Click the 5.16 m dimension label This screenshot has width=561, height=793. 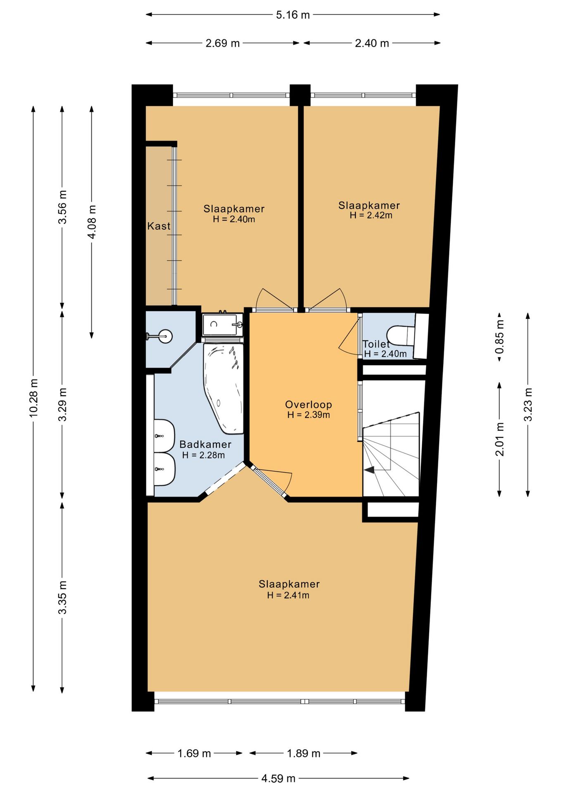click(x=293, y=15)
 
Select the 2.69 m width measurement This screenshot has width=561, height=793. click(x=223, y=43)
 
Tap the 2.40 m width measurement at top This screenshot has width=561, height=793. click(x=372, y=43)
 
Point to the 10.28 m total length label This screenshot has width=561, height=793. click(x=33, y=397)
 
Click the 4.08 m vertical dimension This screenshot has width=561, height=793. click(x=92, y=222)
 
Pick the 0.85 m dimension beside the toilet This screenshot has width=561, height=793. click(x=499, y=337)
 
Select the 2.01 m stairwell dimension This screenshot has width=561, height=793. click(x=499, y=439)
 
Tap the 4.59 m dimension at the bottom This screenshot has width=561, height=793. click(x=278, y=779)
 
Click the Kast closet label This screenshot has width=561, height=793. click(x=159, y=226)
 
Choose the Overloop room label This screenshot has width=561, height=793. click(x=309, y=405)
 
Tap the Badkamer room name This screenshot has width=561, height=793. click(x=205, y=444)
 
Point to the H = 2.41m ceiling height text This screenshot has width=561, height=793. click(x=288, y=595)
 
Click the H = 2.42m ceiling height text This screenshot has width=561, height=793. click(x=371, y=215)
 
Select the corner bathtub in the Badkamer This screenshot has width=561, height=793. click(x=223, y=389)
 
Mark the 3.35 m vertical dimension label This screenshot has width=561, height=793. click(x=62, y=597)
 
